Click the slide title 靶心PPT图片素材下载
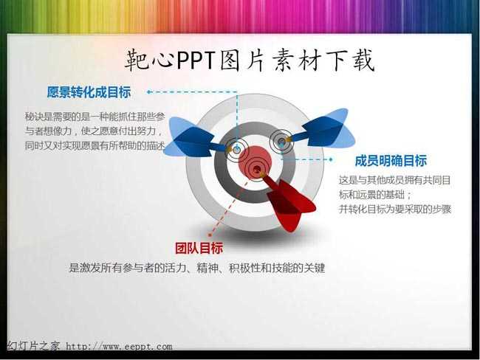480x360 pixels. pos(250,60)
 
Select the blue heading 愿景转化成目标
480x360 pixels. pos(89,92)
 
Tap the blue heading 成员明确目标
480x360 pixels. pos(391,161)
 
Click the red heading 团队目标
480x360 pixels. pos(199,248)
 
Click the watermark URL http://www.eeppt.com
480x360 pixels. pos(120,347)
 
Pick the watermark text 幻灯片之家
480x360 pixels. pos(33,346)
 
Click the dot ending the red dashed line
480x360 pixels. pos(210,235)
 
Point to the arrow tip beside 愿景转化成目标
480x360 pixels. pos(148,91)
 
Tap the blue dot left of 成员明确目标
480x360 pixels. pos(331,159)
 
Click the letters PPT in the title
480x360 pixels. pos(196,60)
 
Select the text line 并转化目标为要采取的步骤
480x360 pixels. pos(395,210)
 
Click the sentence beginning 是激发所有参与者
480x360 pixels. pos(197,268)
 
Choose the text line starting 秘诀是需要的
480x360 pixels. pos(95,117)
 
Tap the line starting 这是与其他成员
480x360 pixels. pos(395,180)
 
